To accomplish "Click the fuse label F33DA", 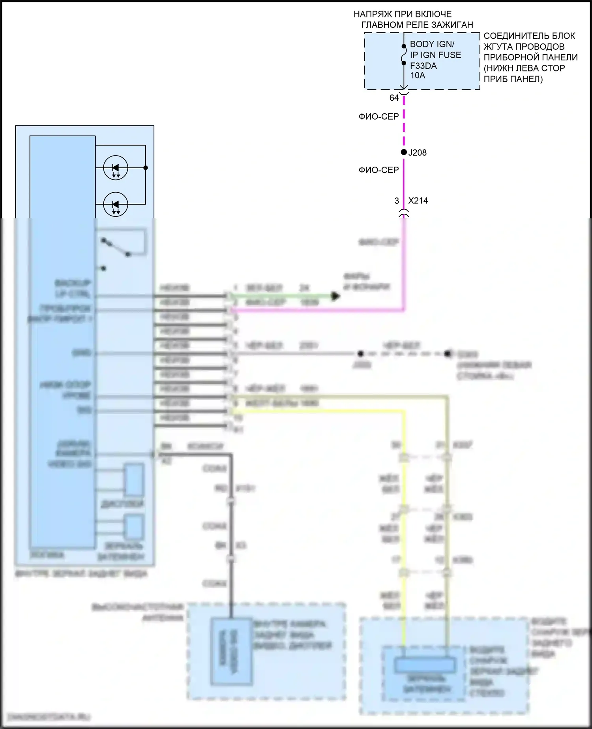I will coord(423,66).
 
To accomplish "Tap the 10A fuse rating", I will coord(418,75).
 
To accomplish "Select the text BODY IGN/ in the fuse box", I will coord(432,44).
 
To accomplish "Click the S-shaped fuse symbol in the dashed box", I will coord(404,54).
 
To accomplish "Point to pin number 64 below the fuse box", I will coord(394,98).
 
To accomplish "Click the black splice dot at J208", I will coord(404,152).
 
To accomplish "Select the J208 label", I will coord(417,153).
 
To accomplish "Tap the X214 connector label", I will coord(418,201).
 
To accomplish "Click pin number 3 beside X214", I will coord(397,201).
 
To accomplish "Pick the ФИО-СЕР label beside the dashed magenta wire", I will coord(378,116).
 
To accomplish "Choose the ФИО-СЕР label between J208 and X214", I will coord(378,170).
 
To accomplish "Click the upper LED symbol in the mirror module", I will coord(116,168).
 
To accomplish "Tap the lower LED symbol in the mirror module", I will coord(116,205).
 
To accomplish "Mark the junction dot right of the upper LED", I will coord(146,168).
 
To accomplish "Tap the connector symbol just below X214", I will coord(404,214).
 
